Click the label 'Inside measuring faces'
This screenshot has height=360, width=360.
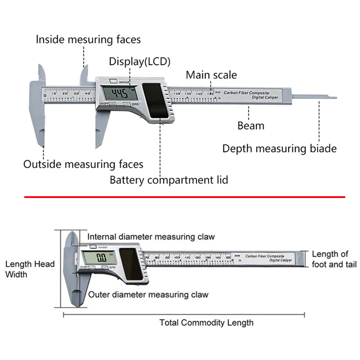(88, 40)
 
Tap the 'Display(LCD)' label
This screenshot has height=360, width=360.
(140, 62)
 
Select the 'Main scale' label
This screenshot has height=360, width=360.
(211, 75)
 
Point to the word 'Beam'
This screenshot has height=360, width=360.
(251, 126)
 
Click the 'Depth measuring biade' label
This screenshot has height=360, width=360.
(279, 148)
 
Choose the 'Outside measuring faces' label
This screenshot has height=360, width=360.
(83, 164)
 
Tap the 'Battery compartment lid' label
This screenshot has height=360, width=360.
(169, 180)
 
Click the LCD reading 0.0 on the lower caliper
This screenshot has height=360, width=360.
(101, 258)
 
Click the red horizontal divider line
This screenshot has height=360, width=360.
(184, 197)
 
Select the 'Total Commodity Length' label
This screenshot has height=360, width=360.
(206, 323)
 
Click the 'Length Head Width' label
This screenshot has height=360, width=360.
(30, 269)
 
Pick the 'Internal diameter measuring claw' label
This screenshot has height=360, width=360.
(151, 237)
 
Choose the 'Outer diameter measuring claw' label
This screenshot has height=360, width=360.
(148, 295)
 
